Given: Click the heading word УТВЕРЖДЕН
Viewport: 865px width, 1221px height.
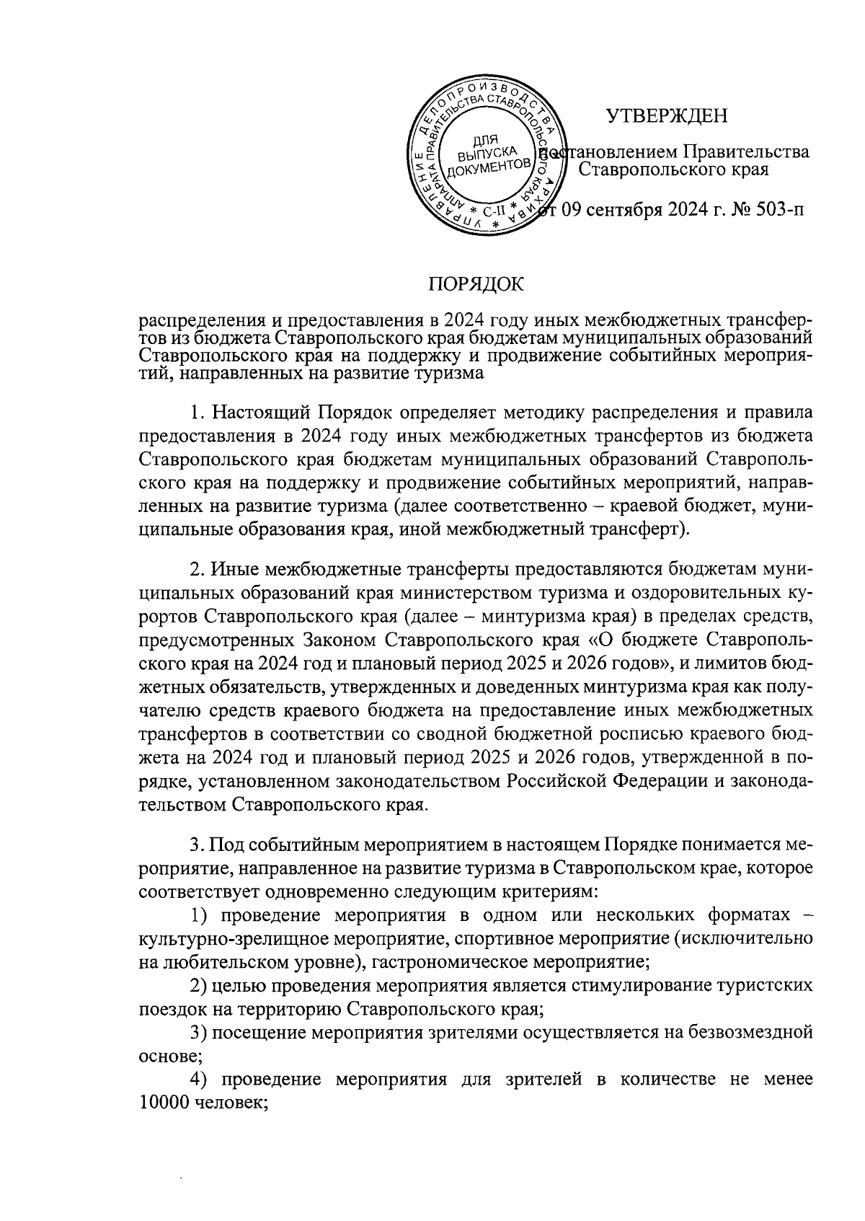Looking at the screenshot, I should (x=666, y=115).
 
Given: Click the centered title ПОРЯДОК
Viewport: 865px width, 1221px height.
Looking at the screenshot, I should (x=476, y=284).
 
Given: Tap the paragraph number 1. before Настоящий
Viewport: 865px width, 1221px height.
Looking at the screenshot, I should (x=198, y=413).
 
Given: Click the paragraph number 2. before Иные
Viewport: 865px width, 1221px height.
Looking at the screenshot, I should (x=198, y=569).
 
